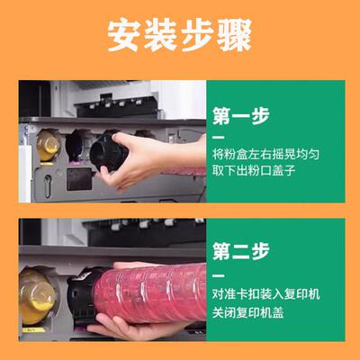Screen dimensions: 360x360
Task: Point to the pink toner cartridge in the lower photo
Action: pyautogui.click(x=157, y=292)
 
